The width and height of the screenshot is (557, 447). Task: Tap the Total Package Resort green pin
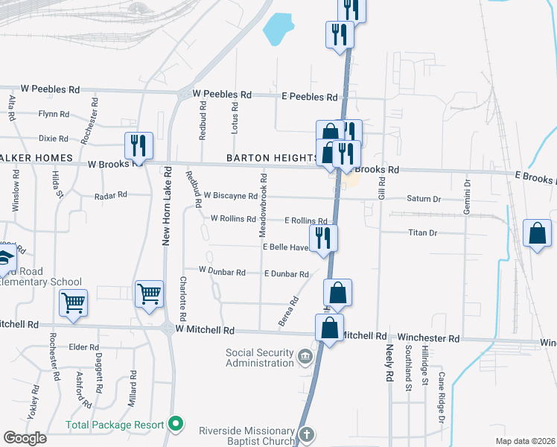[176, 425]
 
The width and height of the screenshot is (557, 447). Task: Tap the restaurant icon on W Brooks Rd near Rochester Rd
[139, 144]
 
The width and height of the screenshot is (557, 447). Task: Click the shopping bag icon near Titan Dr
[537, 234]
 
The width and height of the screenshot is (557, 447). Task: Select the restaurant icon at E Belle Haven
[323, 238]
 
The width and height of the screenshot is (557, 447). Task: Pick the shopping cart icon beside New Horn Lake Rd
[149, 294]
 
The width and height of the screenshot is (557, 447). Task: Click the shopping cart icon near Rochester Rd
[74, 302]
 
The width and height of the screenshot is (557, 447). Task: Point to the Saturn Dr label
[424, 199]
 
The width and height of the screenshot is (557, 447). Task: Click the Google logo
[25, 437]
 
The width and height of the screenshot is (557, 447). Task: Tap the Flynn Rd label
[54, 115]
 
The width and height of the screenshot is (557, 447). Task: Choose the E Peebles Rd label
[309, 97]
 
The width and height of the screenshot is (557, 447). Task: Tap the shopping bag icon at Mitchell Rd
[329, 326]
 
